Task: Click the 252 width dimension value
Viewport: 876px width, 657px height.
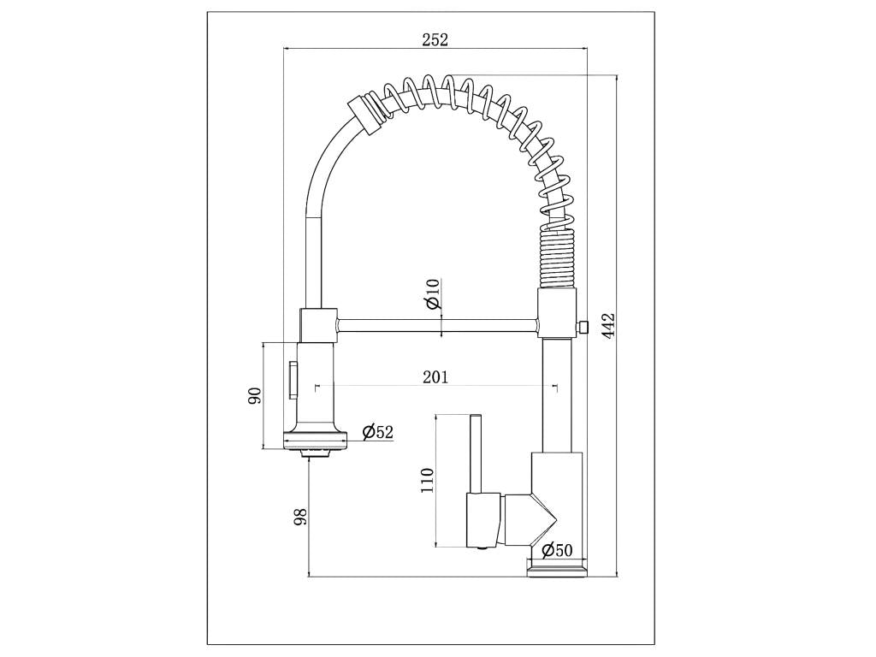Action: click(x=435, y=39)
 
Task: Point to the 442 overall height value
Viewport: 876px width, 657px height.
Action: click(x=608, y=326)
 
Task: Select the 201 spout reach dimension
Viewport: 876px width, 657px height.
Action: click(x=435, y=377)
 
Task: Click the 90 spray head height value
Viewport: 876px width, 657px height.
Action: click(x=255, y=395)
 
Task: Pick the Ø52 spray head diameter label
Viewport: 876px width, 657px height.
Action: click(x=377, y=432)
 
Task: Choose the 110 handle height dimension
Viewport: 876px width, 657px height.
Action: click(x=428, y=480)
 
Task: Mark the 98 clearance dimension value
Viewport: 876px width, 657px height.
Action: click(x=299, y=517)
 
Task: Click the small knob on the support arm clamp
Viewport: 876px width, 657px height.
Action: click(x=584, y=326)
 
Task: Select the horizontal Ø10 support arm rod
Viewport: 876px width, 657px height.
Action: click(x=436, y=325)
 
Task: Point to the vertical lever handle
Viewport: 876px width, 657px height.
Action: click(x=476, y=453)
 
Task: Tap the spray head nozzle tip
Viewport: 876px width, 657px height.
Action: click(x=314, y=453)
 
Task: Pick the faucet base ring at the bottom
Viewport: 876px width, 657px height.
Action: click(x=557, y=568)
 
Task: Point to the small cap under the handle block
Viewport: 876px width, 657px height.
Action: click(x=482, y=546)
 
